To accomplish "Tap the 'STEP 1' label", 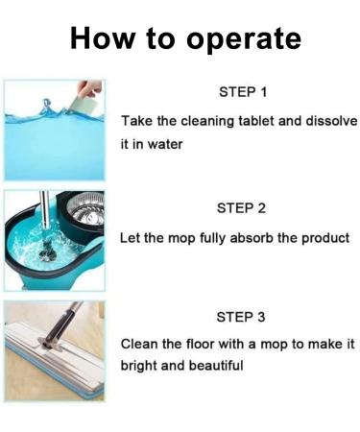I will pyautogui.click(x=243, y=93).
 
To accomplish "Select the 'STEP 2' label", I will pyautogui.click(x=243, y=207).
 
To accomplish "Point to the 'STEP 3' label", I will pyautogui.click(x=243, y=317).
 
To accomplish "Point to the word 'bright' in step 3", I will pyautogui.click(x=140, y=366).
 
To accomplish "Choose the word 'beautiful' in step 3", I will pyautogui.click(x=215, y=366).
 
